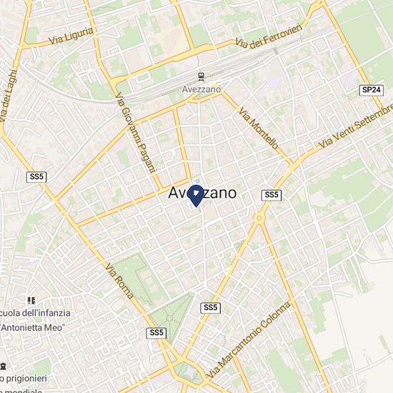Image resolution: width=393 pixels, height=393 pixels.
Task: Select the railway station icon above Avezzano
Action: coord(202,76)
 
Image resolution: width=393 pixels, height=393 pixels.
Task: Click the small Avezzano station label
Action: coord(202,89)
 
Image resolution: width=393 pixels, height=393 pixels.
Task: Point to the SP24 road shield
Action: coord(370,89)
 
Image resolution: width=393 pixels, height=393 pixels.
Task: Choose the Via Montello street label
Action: coord(258,128)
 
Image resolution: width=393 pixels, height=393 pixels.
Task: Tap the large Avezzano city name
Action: coord(203,194)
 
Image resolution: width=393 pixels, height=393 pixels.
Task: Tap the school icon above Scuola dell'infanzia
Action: coord(30,301)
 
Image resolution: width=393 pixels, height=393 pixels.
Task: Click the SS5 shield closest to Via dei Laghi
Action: coord(36,176)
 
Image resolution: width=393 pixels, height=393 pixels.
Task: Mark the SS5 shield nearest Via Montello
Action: coord(271,194)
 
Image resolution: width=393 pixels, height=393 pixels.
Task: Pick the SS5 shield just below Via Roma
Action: coord(156,333)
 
